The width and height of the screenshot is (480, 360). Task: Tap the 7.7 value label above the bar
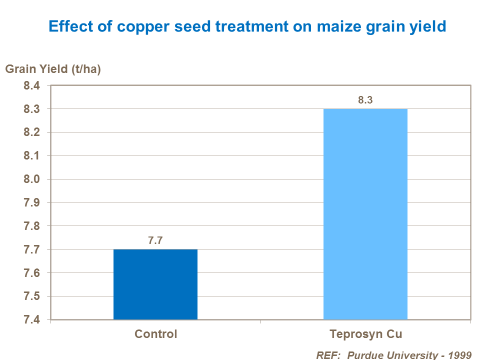[155, 240]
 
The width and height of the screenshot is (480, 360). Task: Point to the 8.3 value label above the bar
[365, 100]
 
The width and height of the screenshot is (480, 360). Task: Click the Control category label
[155, 334]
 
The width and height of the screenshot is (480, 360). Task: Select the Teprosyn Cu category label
[365, 334]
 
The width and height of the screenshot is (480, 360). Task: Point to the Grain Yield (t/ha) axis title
[53, 69]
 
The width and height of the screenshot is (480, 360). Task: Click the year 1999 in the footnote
[460, 354]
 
